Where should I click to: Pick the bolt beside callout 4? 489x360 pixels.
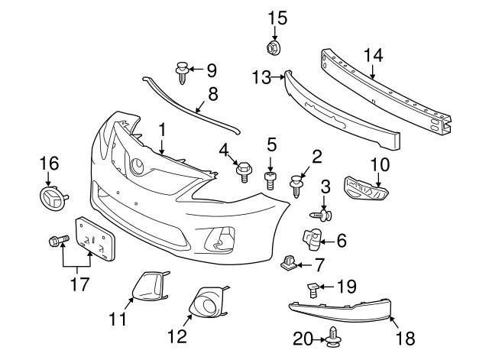244,171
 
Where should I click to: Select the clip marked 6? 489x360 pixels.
312,240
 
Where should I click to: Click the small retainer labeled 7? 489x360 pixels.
290,264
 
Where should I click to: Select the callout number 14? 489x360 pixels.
372,55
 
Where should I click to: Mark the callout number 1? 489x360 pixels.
162,129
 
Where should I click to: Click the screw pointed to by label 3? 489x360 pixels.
323,216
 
